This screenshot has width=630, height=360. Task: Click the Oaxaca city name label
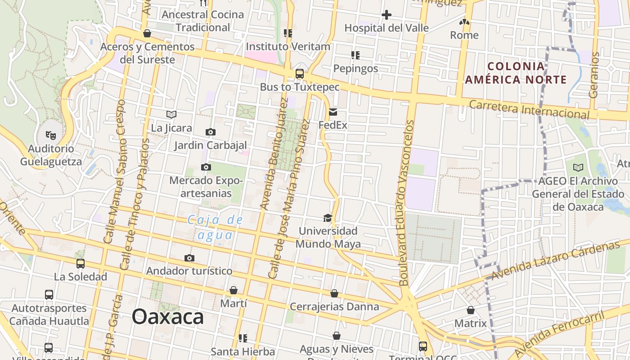point(167,317)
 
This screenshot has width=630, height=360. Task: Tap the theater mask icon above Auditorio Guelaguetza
point(50,135)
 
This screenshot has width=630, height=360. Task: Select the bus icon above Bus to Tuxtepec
point(299,74)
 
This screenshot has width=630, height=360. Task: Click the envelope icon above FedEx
point(333,112)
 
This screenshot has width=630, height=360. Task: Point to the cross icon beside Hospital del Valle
point(386,15)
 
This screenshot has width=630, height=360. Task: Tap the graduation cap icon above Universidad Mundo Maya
point(328,218)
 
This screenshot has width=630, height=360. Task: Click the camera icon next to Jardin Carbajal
point(210,132)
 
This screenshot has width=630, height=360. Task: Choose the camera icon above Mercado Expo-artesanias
point(206,167)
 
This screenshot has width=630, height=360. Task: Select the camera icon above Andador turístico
point(189,258)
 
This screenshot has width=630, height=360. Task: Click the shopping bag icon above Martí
point(234,291)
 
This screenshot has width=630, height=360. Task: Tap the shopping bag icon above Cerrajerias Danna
point(334,294)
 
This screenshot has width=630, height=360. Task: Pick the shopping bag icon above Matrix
point(470,310)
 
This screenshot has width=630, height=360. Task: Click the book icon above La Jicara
point(171,114)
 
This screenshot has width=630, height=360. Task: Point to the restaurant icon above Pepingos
point(355,55)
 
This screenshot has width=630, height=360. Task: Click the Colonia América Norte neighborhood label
point(516,73)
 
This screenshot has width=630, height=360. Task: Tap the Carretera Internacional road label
point(529,110)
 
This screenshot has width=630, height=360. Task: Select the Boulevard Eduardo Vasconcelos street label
point(406,202)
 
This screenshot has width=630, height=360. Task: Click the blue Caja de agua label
point(215,227)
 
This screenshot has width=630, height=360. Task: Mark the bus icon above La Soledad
point(81,264)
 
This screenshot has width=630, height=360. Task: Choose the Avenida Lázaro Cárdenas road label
point(555,260)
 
